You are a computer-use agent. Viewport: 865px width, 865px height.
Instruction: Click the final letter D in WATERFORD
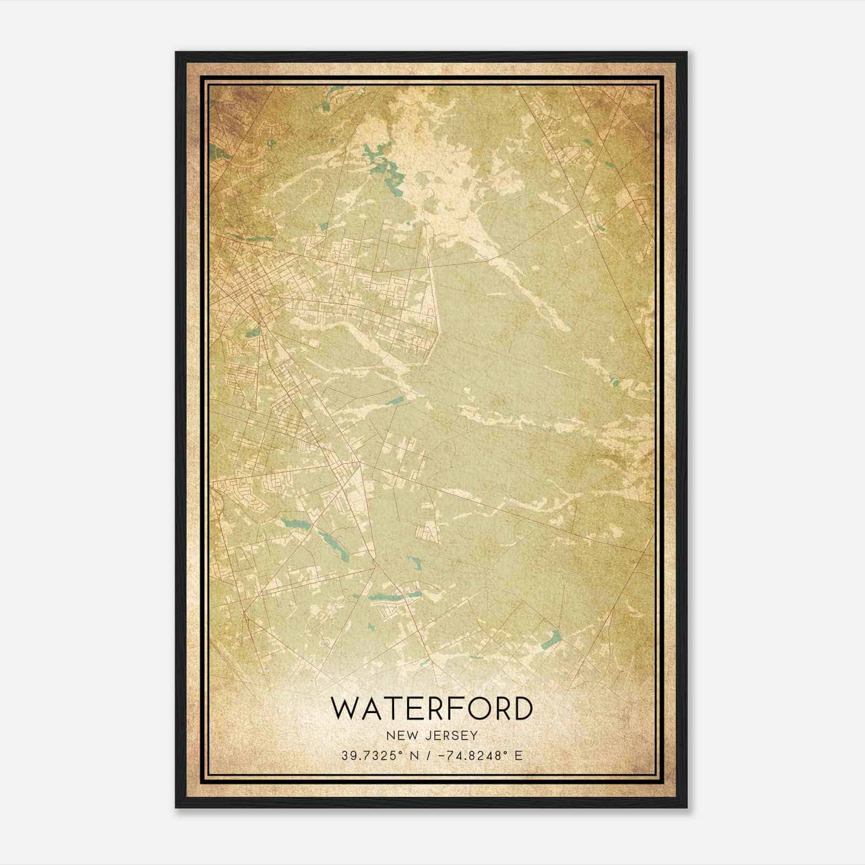pos(522,709)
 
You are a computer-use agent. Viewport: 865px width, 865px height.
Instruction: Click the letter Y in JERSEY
pos(474,735)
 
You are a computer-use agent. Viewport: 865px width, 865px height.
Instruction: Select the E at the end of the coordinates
pos(518,755)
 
